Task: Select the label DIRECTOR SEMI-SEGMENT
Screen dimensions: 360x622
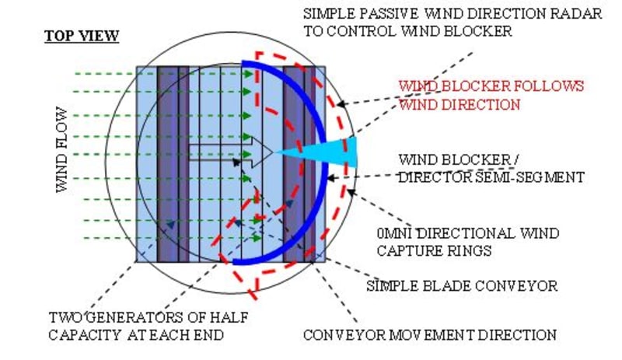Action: [491, 177]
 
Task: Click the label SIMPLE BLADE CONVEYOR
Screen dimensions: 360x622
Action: [461, 286]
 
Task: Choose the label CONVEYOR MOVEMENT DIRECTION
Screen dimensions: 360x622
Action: [429, 335]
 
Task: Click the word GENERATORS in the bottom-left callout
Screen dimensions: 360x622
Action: [131, 317]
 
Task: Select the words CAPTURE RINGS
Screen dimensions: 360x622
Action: [426, 250]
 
